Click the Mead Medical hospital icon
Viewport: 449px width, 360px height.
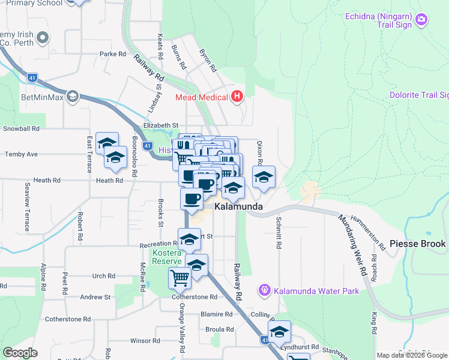(237, 97)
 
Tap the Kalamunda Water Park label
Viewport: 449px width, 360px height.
(316, 292)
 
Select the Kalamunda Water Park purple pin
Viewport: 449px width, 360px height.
(264, 291)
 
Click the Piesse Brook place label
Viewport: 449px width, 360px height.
(417, 244)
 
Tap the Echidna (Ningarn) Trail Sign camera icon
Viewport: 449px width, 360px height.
(421, 20)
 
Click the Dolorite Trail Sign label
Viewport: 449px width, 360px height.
(419, 95)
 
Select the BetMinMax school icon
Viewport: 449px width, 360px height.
(73, 96)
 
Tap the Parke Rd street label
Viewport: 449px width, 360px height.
(113, 54)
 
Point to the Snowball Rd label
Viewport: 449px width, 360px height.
(21, 128)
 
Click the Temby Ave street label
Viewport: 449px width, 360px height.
(21, 154)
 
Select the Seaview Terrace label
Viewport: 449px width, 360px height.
(26, 207)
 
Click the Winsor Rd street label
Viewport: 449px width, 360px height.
(145, 341)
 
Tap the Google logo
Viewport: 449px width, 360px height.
(20, 353)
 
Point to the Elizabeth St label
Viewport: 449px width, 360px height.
(161, 125)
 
